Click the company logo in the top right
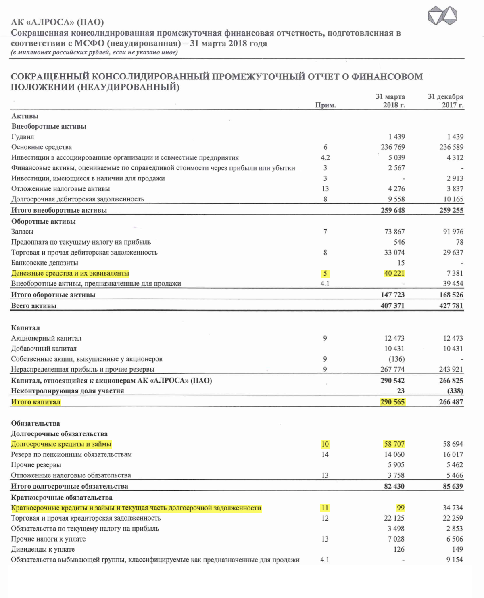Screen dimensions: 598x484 pos(442,17)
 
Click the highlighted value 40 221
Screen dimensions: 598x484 pos(394,273)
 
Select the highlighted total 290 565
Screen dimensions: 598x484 pos(392,402)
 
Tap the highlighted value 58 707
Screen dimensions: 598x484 pos(394,444)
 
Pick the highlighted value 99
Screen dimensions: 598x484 pos(400,508)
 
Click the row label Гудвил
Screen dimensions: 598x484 pos(23,137)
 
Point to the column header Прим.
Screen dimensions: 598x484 pos(325,105)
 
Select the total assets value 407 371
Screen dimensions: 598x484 pos(392,306)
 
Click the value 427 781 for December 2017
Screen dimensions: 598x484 pos(451,306)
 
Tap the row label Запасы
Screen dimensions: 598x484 pos(22,232)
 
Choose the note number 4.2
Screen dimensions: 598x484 pos(325,158)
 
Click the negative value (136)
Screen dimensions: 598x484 pos(396,359)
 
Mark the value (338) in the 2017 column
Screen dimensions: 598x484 pos(455,391)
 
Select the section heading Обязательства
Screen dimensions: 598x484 pos(35,423)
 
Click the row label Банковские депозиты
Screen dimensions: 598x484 pos(45,263)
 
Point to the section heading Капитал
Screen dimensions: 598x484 pos(25,328)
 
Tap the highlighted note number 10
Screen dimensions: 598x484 pos(325,444)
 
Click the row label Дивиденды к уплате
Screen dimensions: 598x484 pos(43,549)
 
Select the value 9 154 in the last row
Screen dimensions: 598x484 pos(455,560)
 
